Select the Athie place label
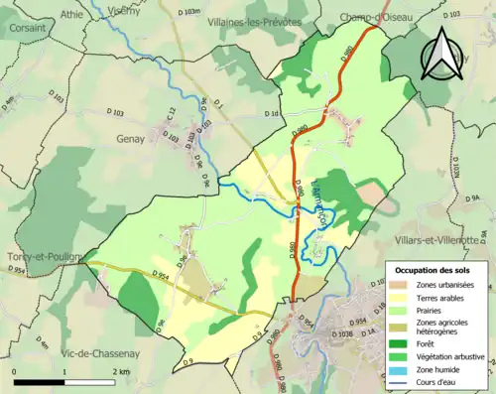coord(71,15)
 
